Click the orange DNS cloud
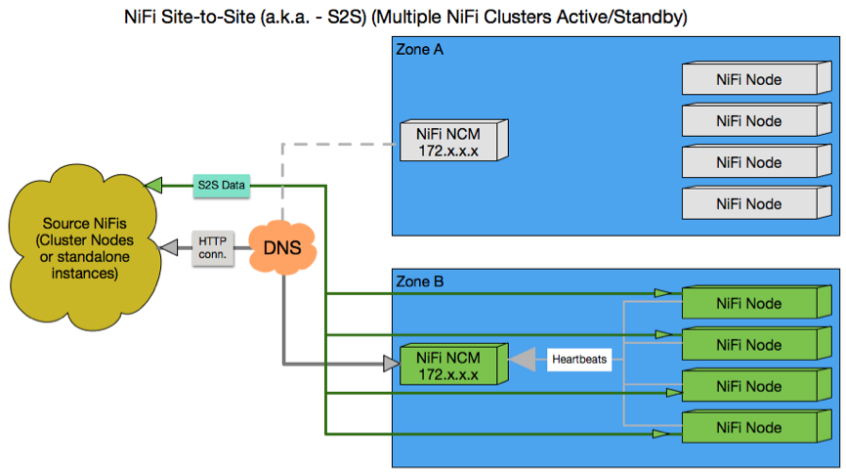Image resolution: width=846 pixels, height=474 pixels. pyautogui.click(x=284, y=246)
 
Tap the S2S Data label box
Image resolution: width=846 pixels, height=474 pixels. pyautogui.click(x=221, y=184)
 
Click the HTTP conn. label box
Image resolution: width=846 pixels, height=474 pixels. pyautogui.click(x=212, y=247)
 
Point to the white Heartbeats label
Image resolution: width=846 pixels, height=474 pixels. pyautogui.click(x=579, y=360)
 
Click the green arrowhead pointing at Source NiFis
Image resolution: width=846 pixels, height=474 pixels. pyautogui.click(x=151, y=184)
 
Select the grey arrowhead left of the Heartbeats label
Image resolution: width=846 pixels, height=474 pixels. pyautogui.click(x=523, y=360)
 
